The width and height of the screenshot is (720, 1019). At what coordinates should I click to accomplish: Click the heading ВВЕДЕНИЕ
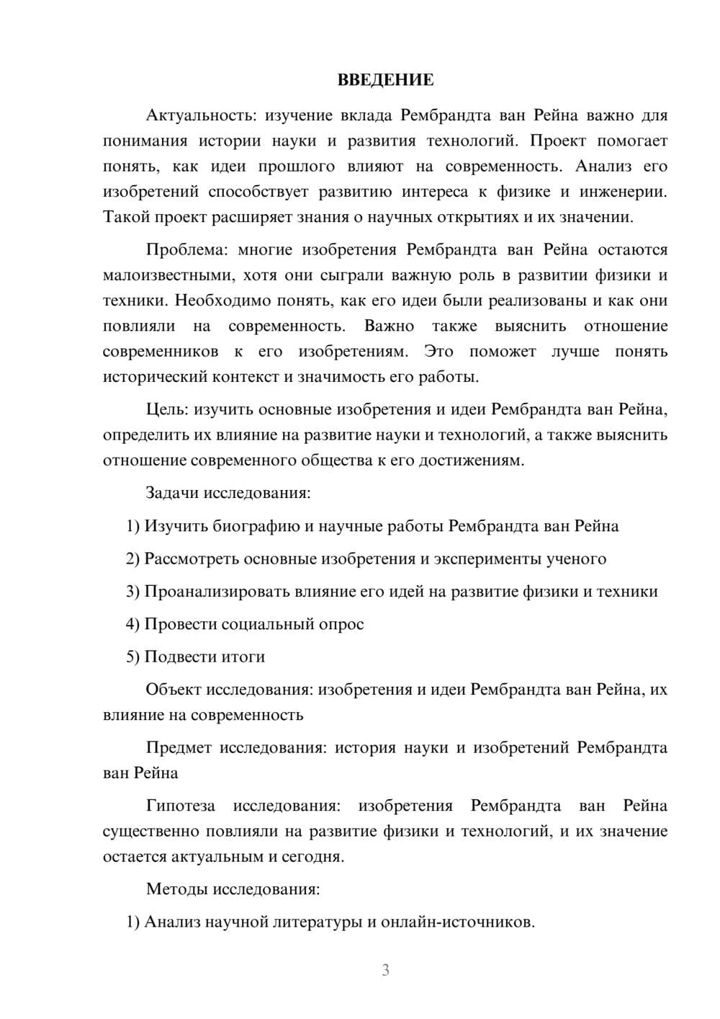tap(385, 80)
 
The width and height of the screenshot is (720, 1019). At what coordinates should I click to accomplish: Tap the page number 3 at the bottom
tap(385, 970)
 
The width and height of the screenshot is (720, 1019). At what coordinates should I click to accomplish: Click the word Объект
tap(174, 690)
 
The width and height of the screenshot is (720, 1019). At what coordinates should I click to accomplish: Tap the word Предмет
tap(179, 748)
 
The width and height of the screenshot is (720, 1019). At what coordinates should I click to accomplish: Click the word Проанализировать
tap(217, 592)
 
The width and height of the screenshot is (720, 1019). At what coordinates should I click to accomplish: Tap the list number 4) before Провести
tap(132, 624)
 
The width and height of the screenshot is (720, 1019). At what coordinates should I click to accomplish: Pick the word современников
tap(161, 352)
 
